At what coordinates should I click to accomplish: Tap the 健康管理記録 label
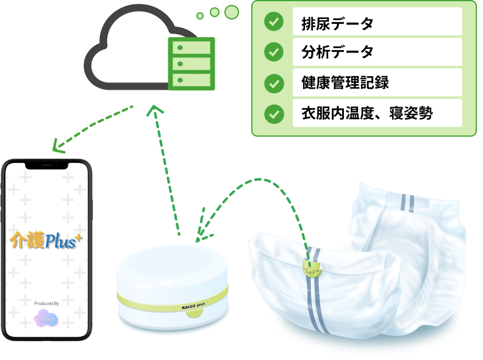point(345,83)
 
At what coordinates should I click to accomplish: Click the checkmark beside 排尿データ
point(274,22)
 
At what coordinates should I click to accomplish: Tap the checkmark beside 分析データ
point(274,52)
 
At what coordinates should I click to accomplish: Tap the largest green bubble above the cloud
point(232,12)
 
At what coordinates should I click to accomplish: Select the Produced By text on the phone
point(48,303)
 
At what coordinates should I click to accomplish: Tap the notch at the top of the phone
point(48,165)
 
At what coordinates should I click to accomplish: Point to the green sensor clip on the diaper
point(313,265)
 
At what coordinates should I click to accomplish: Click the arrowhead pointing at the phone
point(58,146)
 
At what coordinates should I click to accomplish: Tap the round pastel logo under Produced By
point(48,319)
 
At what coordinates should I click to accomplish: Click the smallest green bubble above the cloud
point(199,15)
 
